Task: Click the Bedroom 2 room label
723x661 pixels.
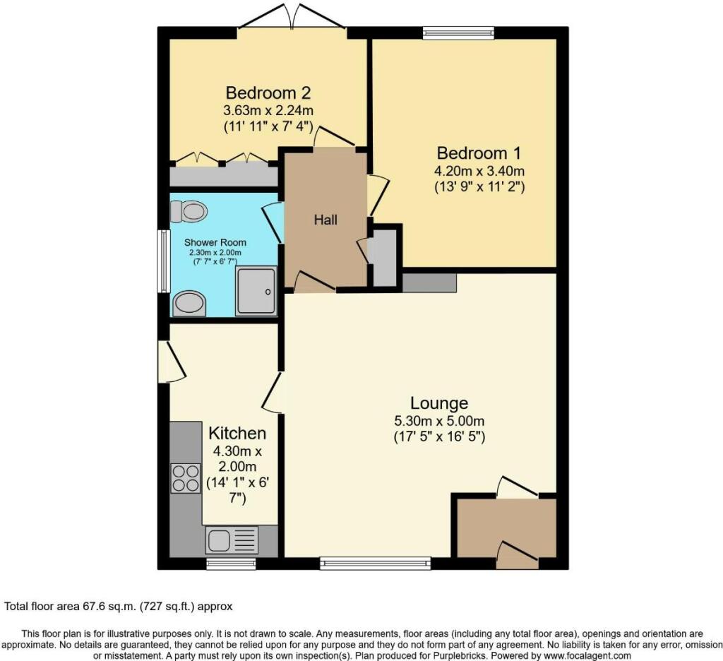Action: click(x=268, y=93)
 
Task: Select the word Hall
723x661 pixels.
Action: click(x=325, y=220)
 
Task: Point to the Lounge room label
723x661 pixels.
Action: click(x=439, y=403)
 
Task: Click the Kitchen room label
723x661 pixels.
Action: click(x=237, y=433)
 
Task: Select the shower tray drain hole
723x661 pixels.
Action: click(x=268, y=290)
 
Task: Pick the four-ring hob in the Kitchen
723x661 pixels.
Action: click(x=186, y=477)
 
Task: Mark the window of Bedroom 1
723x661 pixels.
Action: click(x=458, y=31)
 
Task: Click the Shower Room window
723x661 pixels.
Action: click(x=164, y=261)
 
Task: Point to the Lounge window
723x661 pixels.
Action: click(x=375, y=563)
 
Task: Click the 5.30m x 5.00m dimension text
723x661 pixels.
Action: click(x=439, y=421)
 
